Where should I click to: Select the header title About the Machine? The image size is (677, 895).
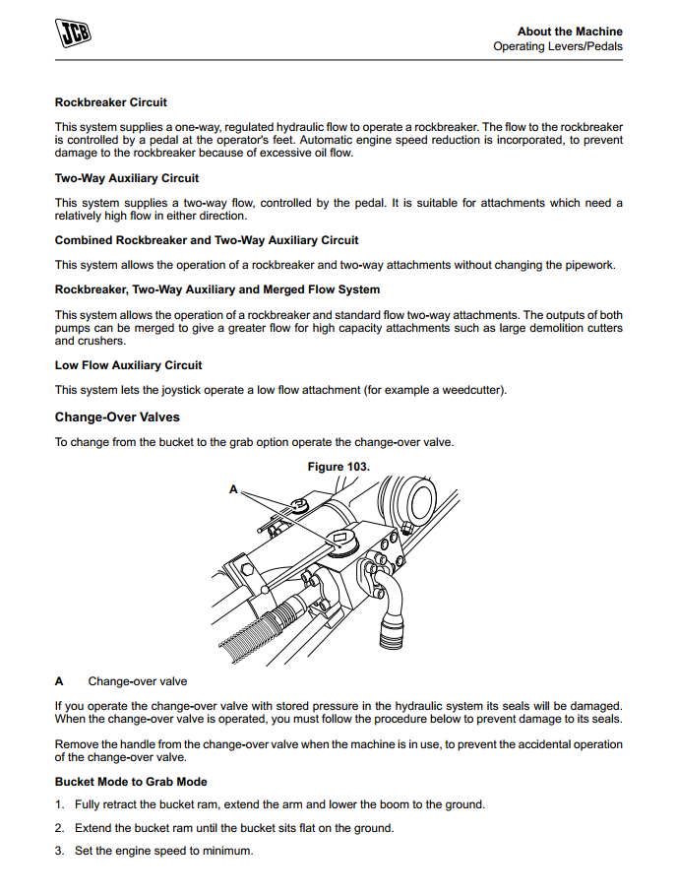pos(570,32)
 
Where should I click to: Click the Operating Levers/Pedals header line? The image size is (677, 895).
pos(558,46)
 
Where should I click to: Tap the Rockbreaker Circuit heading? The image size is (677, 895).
pos(111,102)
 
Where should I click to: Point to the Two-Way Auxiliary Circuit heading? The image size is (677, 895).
pos(127,178)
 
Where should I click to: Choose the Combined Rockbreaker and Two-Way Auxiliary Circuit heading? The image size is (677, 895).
pos(207,240)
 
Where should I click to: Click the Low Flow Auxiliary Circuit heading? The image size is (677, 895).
pos(129,365)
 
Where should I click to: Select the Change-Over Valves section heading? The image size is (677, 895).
pos(117,417)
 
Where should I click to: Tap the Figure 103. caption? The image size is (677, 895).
pos(338,467)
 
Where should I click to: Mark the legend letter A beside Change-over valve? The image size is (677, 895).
pos(59,681)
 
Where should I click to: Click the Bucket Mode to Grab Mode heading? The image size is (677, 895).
pos(131,782)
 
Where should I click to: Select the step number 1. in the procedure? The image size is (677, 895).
pos(60,804)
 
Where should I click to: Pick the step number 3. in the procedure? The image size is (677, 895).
pos(60,851)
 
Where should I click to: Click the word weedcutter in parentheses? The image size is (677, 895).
pos(471,390)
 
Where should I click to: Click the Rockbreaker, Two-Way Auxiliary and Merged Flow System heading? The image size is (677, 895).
pos(217,289)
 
